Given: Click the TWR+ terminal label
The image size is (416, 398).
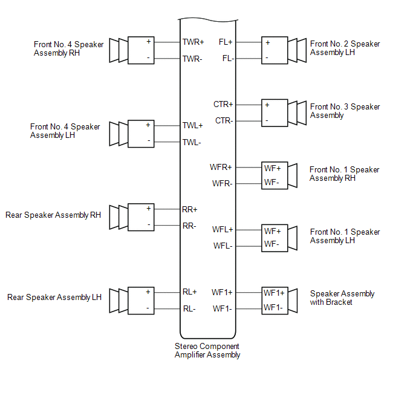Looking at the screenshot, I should tap(193, 43).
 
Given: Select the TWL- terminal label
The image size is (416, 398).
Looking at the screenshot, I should tap(192, 142).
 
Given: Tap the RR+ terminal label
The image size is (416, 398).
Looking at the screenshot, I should tap(190, 210).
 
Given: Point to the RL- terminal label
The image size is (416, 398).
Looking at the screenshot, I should tap(189, 309).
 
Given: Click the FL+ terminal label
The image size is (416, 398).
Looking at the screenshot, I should tap(226, 43).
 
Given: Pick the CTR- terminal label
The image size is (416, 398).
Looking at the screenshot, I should tap(223, 120).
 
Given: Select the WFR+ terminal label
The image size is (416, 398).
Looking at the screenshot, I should tap(221, 167).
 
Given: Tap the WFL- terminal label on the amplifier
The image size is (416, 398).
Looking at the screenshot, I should tap(223, 246).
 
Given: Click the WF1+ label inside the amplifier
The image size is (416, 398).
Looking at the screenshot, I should tap(222, 293).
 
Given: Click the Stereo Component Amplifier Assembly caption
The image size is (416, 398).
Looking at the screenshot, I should tap(207, 351).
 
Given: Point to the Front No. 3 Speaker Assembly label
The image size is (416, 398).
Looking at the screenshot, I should tap(345, 111).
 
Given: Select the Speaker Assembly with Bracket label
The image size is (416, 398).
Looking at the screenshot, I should tap(342, 298).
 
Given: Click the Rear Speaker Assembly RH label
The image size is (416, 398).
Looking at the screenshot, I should tap(53, 215).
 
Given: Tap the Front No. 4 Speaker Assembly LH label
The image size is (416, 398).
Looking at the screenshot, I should tap(65, 131).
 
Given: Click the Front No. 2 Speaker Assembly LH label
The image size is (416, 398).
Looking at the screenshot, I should tap(345, 48).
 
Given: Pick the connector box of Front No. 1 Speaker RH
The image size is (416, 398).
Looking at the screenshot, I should tap(275, 175).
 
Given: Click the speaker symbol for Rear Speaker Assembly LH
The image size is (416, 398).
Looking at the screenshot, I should tap(119, 300).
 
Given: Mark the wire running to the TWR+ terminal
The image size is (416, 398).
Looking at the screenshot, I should tap(167, 43).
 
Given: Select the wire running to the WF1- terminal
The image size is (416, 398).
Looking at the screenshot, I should tap(249, 308).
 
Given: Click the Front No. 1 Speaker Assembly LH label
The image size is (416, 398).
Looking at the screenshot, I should tap(345, 236).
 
